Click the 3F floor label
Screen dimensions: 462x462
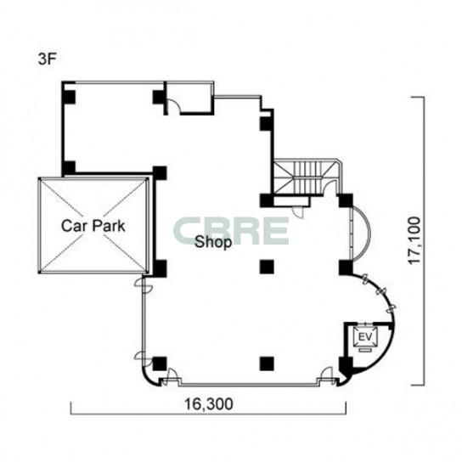point(48,59)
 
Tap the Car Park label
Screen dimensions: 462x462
point(93,226)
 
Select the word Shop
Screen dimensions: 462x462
point(213,243)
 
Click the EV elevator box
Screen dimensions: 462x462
point(366,337)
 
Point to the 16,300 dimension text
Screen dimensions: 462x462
point(209,403)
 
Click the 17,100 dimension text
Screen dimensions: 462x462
point(414,240)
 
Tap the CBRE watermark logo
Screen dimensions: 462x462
point(231,231)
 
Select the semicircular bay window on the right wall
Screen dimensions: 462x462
point(361,234)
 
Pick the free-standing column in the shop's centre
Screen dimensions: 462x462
point(267,267)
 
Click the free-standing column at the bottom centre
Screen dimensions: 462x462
point(267,363)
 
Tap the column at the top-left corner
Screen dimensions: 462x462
point(69,97)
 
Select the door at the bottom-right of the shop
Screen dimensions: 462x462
point(327,375)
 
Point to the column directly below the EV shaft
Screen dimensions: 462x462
point(346,366)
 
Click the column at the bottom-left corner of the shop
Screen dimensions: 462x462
point(160,363)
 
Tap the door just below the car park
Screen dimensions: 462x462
point(144,285)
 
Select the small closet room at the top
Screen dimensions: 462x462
point(189,98)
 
